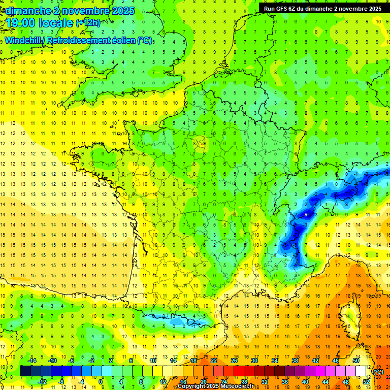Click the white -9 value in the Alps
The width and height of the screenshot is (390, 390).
tap(305, 215)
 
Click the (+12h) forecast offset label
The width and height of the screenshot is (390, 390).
tap(88, 22)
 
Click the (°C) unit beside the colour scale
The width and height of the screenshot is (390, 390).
tap(378, 372)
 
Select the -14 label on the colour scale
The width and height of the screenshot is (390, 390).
tap(31, 360)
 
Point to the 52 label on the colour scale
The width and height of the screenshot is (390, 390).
tap(366, 381)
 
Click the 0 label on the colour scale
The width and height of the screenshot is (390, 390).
tap(101, 381)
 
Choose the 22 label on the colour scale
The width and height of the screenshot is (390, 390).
tap(214, 360)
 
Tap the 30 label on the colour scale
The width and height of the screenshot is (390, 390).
tap(254, 360)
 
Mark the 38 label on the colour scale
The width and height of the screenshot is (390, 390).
tap(295, 360)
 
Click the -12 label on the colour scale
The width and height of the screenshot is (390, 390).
tap(42, 381)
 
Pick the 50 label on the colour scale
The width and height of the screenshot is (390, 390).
tap(356, 360)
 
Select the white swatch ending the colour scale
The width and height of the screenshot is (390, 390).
tap(361, 371)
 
